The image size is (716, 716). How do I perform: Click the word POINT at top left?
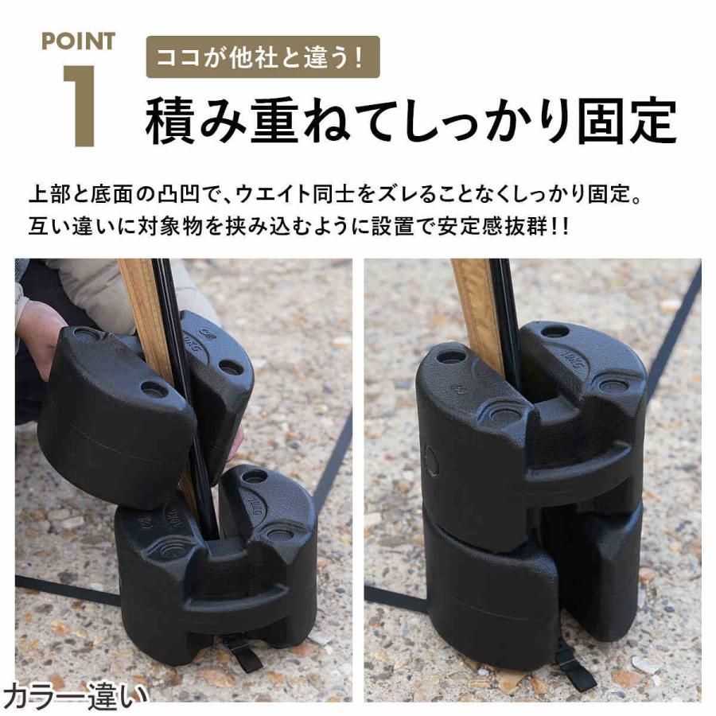pyautogui.click(x=78, y=41)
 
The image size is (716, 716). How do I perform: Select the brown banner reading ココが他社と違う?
pyautogui.click(x=263, y=57)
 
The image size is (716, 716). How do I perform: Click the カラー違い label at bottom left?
pyautogui.click(x=76, y=695)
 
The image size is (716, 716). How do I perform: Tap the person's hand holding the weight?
pyautogui.click(x=40, y=334)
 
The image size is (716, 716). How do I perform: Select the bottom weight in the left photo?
pyautogui.click(x=215, y=565)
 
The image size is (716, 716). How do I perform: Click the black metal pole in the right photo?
pyautogui.click(x=506, y=310)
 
